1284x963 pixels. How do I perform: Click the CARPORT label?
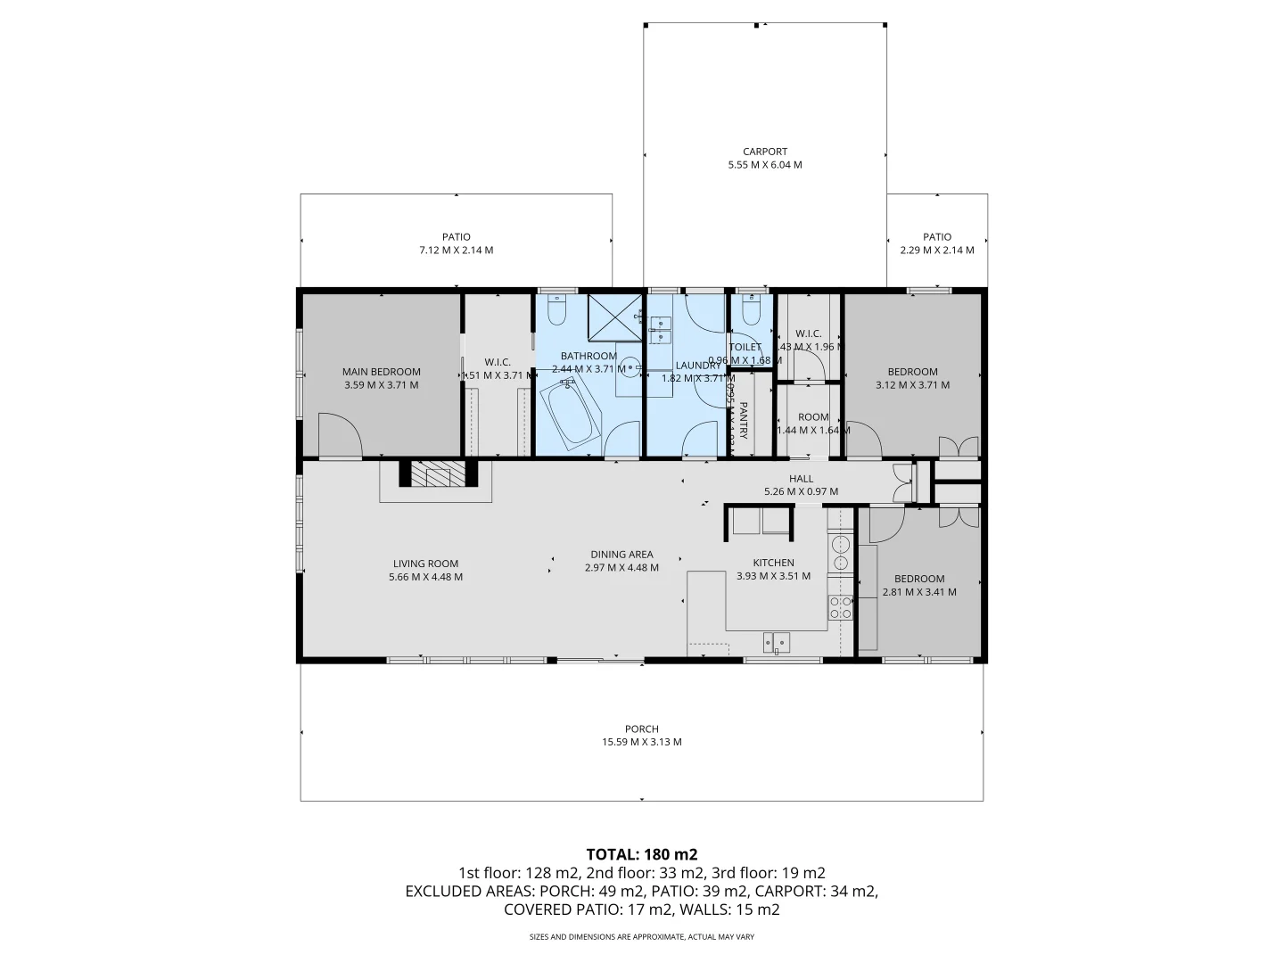pos(765,152)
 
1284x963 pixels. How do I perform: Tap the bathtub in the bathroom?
pos(572,416)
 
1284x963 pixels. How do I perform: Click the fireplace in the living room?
pos(438,474)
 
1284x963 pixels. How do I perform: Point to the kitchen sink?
pos(776,641)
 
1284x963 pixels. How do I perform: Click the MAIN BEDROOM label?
pos(381,372)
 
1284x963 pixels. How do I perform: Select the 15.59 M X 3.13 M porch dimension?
pos(641,742)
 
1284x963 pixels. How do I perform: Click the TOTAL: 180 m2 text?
pos(641,854)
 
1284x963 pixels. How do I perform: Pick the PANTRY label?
pos(743,420)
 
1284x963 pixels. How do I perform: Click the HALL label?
pos(801,479)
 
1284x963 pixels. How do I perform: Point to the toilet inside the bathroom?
pos(557,311)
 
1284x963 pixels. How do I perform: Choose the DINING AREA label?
pos(621,554)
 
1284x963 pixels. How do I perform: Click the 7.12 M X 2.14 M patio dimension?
pos(456,251)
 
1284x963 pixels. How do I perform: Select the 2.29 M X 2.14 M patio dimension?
pos(936,251)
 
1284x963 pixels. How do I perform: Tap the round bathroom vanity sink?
pos(630,366)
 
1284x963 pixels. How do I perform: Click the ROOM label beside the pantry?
pos(813,416)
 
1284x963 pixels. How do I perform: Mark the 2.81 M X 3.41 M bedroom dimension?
pos(919,592)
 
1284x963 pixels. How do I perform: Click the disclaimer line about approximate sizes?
pos(641,937)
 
